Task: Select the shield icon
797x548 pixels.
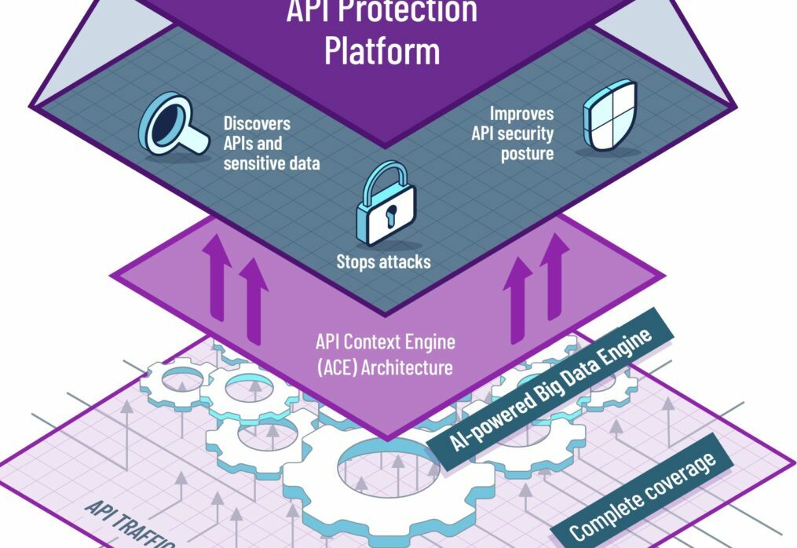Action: [x=606, y=121]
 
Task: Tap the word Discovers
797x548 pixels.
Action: [x=257, y=124]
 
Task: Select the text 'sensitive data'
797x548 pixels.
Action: [x=272, y=163]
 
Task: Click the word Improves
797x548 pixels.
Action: [x=521, y=114]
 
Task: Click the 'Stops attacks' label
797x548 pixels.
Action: [x=383, y=261]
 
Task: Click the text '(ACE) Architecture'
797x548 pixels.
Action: [x=384, y=366]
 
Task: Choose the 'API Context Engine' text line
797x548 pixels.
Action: [x=385, y=343]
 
